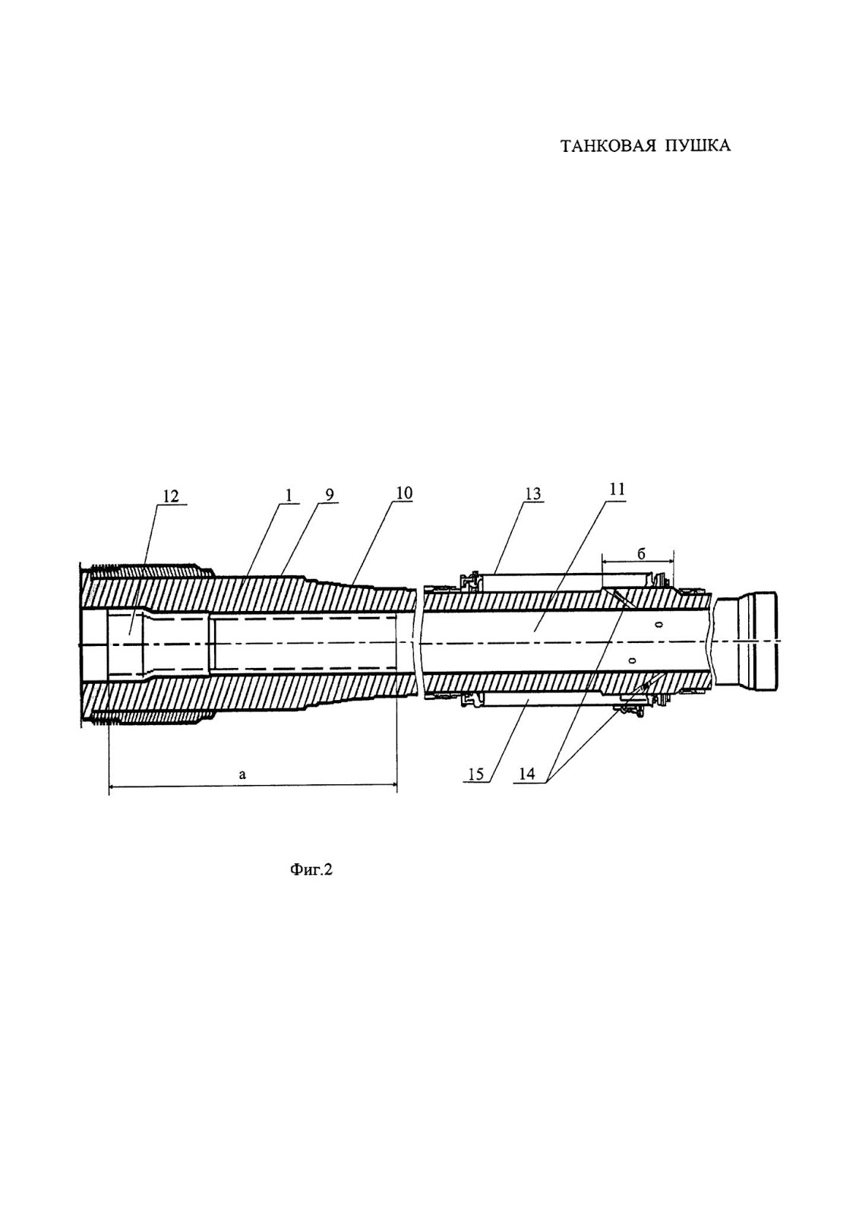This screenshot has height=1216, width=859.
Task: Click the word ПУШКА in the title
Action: tap(698, 147)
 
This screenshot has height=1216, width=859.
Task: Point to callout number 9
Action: tap(329, 495)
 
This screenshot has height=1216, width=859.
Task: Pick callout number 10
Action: tap(403, 493)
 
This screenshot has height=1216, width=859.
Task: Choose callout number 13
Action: tap(532, 494)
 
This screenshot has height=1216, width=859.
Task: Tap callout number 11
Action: tap(617, 489)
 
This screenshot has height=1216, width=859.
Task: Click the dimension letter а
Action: tap(242, 775)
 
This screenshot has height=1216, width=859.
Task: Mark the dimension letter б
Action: tap(640, 554)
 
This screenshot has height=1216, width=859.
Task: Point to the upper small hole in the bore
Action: tap(658, 624)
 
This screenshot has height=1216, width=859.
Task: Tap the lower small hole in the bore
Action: tap(631, 660)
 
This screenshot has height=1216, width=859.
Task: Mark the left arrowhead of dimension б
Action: tap(605, 563)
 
